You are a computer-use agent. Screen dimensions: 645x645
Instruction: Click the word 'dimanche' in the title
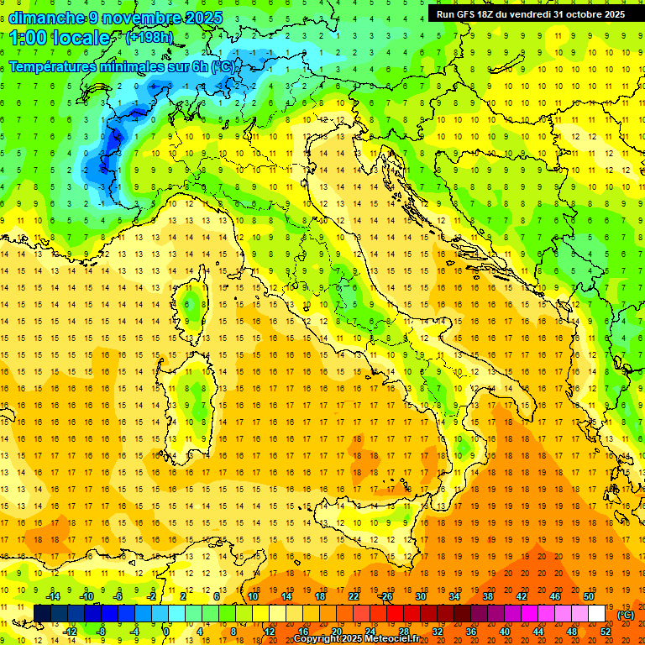[43, 18]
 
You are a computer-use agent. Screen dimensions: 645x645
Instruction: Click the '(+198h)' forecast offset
[150, 38]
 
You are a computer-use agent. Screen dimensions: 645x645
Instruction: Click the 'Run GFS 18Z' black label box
[531, 14]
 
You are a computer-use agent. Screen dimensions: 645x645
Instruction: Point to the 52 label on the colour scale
[606, 632]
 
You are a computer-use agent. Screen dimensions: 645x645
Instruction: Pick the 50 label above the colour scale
[589, 596]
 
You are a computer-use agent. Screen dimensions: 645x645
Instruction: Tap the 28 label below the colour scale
[404, 632]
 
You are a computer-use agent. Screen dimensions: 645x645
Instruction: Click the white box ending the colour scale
[597, 614]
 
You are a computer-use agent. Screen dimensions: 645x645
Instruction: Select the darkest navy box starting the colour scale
[42, 614]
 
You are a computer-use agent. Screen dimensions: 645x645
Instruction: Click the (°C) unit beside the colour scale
[626, 615]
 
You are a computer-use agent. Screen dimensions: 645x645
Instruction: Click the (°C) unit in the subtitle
[223, 66]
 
